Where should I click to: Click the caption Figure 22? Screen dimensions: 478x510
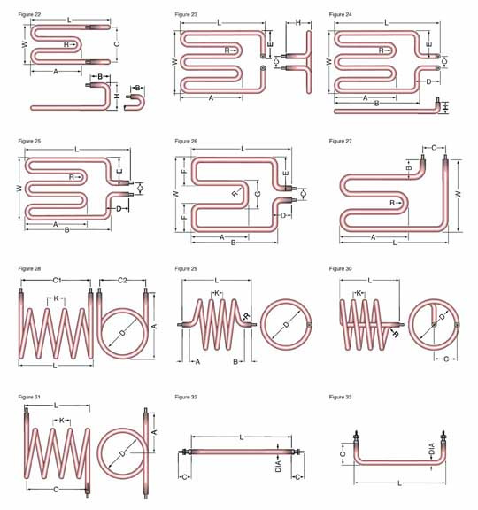[29, 14]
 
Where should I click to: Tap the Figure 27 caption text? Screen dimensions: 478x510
[340, 141]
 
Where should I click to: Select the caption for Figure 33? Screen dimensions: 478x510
[340, 397]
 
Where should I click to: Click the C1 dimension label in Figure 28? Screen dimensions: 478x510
[58, 280]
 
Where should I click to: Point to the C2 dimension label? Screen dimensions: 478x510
[122, 280]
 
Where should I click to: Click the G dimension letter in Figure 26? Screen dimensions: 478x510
[258, 194]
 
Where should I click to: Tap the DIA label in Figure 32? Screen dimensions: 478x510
[278, 466]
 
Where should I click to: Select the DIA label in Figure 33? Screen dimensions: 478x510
[431, 449]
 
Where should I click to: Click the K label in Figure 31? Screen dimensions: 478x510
[62, 421]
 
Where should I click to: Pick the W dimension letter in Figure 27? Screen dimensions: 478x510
[458, 194]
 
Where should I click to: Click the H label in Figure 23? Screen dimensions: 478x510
[298, 23]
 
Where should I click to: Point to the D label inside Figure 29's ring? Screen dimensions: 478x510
[286, 324]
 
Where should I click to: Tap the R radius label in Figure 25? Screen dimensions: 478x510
[72, 177]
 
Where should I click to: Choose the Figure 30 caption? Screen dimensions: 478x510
[340, 268]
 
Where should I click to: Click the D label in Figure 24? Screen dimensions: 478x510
[428, 81]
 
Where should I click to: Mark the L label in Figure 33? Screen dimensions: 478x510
[399, 483]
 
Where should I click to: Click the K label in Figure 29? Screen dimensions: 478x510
[217, 293]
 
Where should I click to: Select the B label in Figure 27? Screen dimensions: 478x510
[409, 168]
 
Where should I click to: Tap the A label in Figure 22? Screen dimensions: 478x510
[56, 71]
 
